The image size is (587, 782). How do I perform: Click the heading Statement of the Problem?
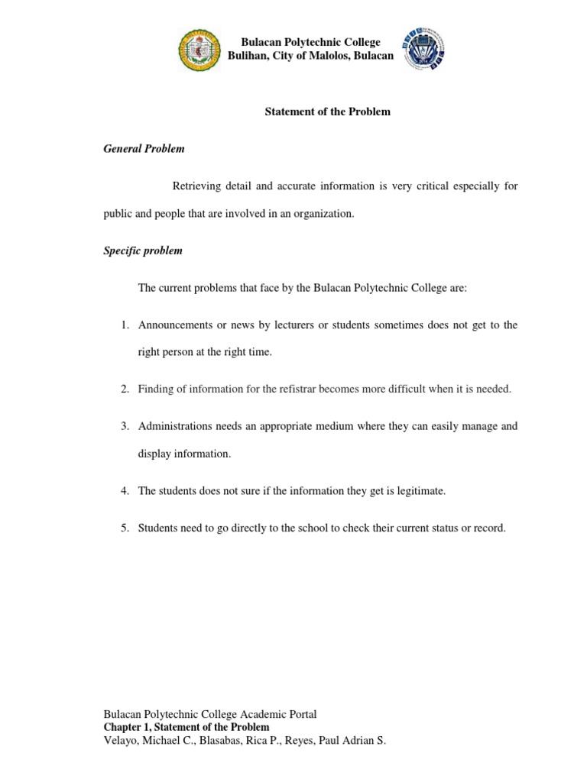[x=327, y=111]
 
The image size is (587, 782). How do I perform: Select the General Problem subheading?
[x=144, y=149]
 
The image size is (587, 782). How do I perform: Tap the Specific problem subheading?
[x=143, y=250]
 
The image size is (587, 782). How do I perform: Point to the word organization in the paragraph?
[x=328, y=215]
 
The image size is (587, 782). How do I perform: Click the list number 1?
[x=124, y=325]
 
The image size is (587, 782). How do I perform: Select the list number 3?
[x=124, y=426]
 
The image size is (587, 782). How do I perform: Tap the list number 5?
[x=124, y=528]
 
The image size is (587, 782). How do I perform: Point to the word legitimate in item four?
[x=417, y=491]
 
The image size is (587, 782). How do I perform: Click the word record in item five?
[x=489, y=528]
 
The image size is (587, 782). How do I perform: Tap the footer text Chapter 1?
[x=126, y=727]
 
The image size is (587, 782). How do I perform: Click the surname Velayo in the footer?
[x=120, y=741]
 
